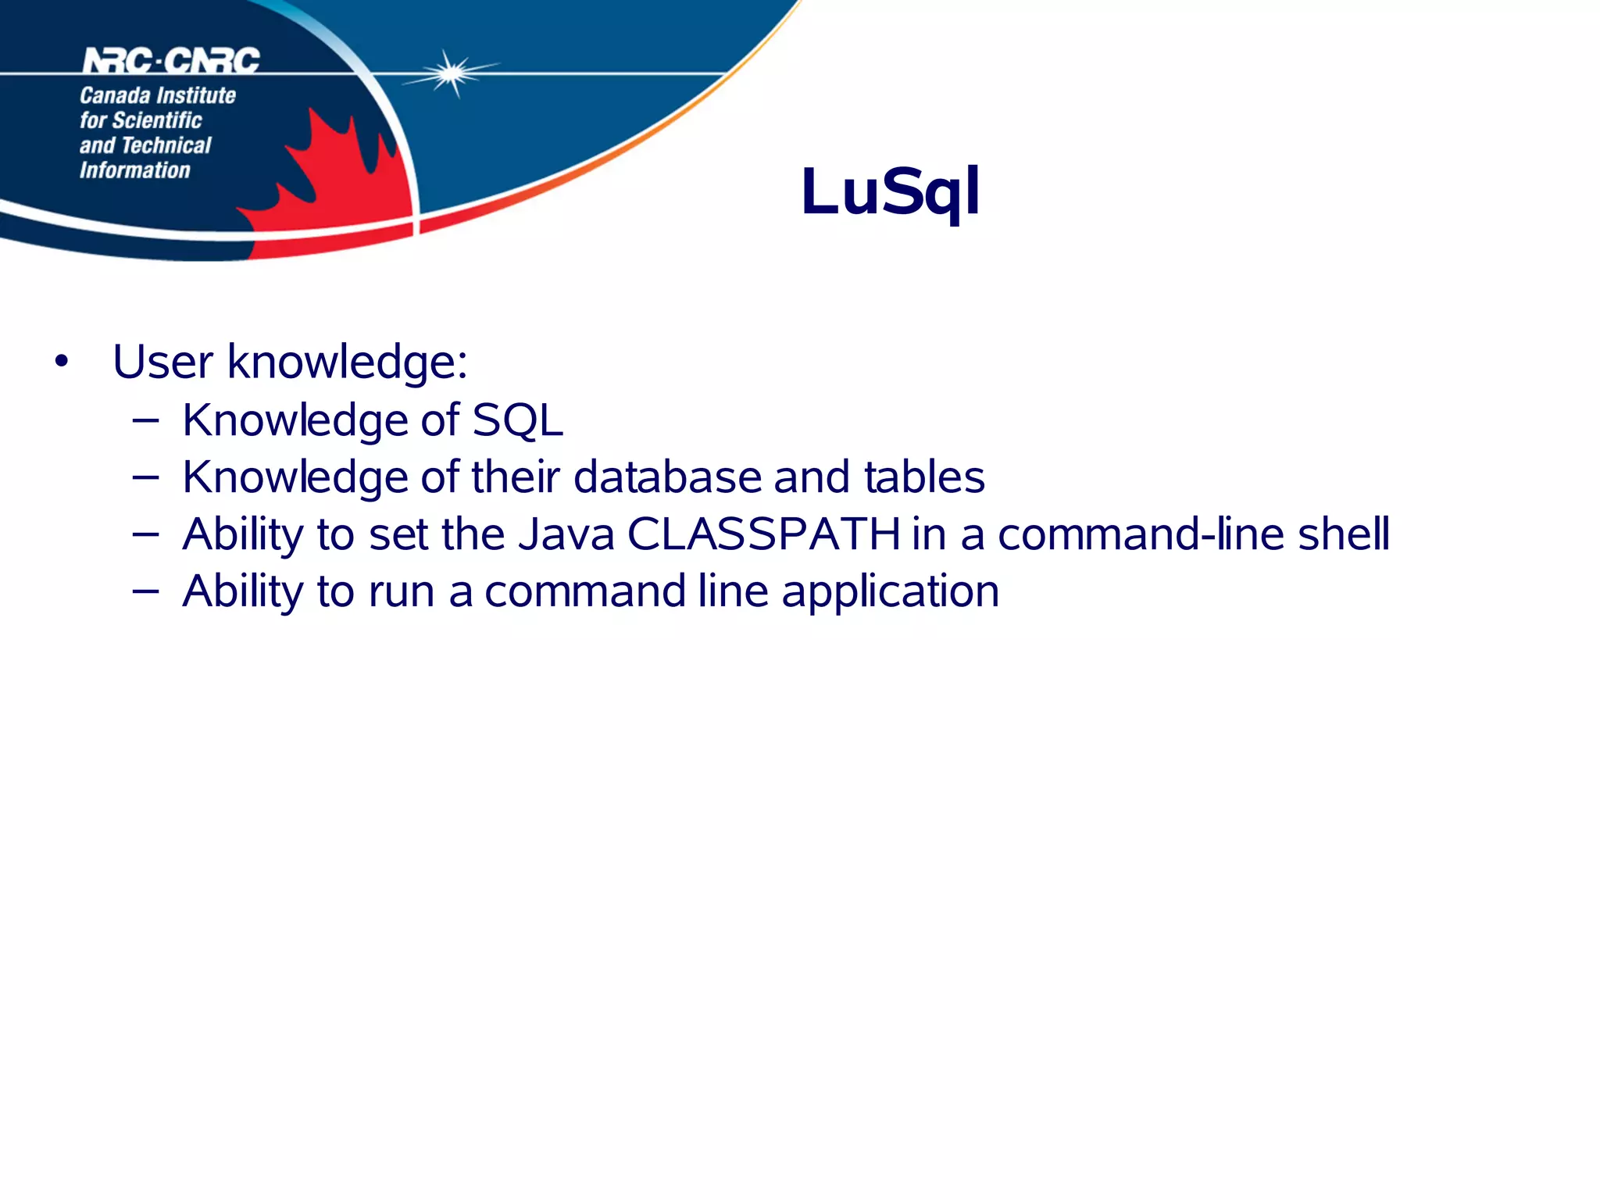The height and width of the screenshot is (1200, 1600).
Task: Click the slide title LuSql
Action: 890,191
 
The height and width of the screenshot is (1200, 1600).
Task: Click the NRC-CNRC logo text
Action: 171,60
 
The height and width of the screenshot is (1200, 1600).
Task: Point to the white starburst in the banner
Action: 451,73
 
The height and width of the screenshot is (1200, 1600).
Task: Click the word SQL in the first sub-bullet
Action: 517,420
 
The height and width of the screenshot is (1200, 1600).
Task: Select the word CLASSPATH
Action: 763,534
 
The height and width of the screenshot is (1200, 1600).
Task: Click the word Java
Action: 566,534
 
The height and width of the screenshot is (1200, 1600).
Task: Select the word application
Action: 890,591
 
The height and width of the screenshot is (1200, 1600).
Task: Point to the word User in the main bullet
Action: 162,362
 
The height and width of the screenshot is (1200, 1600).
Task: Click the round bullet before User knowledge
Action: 62,362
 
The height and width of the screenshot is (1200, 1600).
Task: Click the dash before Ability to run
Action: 146,592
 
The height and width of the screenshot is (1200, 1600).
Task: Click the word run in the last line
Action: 402,592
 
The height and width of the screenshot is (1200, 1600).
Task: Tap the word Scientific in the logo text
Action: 157,120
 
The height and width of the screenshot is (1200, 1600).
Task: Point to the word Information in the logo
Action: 134,170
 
